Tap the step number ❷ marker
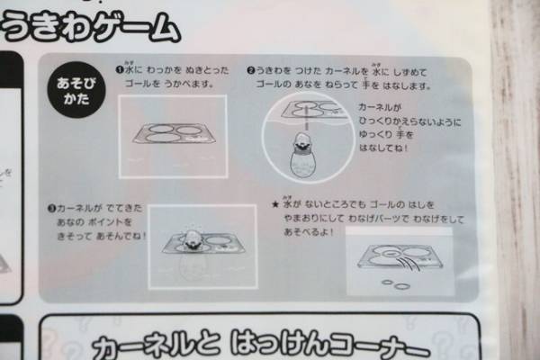(252, 69)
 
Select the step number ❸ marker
(53, 208)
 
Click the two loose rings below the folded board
(393, 284)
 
